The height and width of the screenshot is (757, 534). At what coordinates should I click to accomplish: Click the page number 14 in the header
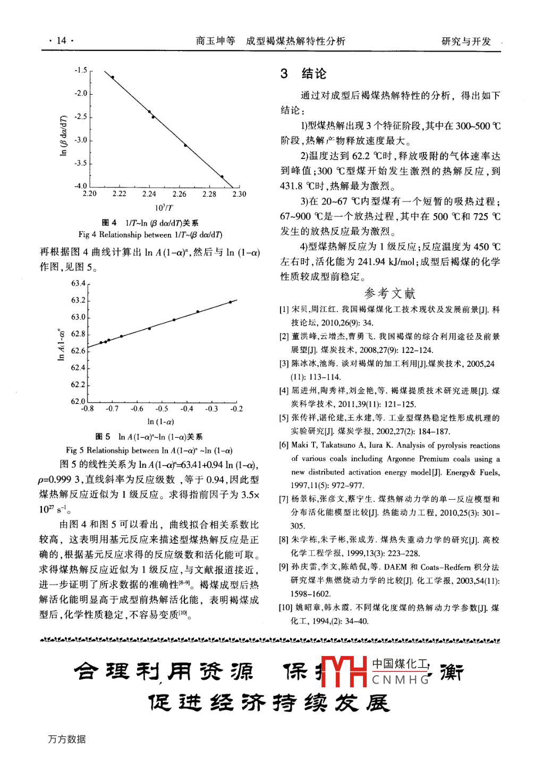click(x=61, y=40)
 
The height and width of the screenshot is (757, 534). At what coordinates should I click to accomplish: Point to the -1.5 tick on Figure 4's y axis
click(x=81, y=70)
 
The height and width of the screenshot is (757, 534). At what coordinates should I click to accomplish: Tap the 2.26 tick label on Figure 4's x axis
click(x=179, y=194)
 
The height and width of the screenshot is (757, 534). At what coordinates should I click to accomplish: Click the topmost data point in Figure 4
click(x=112, y=77)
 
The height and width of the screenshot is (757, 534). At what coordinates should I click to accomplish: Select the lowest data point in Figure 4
click(x=222, y=176)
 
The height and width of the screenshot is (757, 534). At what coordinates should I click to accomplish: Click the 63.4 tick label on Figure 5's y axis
click(x=78, y=283)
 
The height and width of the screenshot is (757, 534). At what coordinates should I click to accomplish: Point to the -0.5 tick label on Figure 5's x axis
click(x=162, y=409)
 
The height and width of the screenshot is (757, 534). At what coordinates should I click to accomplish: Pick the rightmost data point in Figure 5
click(x=230, y=302)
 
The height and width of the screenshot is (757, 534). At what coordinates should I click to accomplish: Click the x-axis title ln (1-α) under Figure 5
click(x=160, y=422)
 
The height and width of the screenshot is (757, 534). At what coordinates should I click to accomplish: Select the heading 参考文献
click(x=390, y=293)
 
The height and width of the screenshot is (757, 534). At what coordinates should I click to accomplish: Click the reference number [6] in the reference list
click(x=284, y=445)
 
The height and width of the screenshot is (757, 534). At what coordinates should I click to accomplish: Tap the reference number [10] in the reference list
click(x=285, y=608)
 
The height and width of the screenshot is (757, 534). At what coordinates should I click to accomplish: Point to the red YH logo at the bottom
click(x=345, y=671)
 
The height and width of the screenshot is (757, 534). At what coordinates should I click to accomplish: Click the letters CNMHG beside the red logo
click(x=401, y=680)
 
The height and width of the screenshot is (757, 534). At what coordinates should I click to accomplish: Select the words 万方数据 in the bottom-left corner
click(x=67, y=739)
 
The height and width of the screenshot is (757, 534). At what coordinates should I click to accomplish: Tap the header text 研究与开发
click(x=466, y=41)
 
